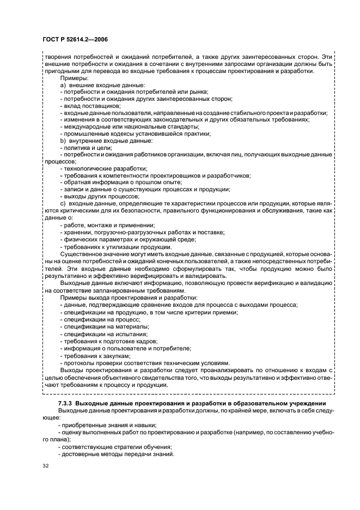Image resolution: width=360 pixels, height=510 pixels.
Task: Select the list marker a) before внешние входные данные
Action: (63, 84)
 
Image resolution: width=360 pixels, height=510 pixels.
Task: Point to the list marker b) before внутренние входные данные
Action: (63, 141)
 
